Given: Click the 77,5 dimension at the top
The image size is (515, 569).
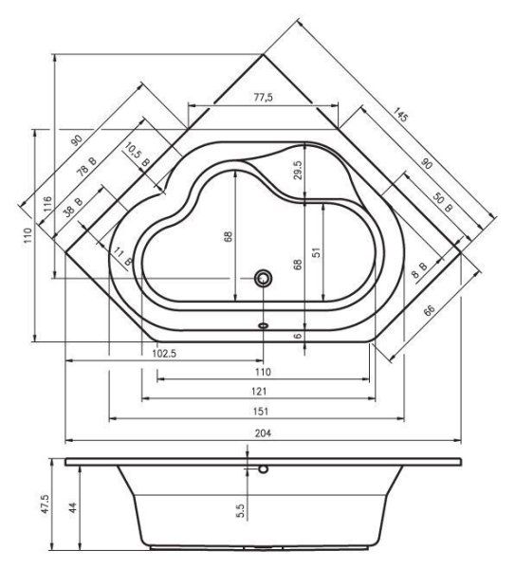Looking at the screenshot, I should pos(264,98).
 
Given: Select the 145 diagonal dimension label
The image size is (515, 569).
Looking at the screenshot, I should pos(399,117).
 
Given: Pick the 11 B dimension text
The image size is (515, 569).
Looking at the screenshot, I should pos(121,253).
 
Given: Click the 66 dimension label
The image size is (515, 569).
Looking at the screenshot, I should pos(429,312).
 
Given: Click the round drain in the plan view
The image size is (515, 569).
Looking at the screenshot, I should pos(263,278).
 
